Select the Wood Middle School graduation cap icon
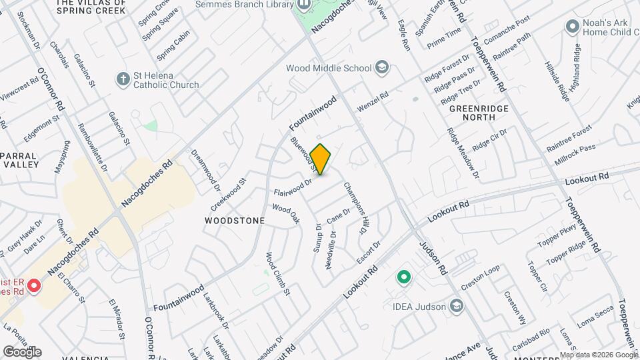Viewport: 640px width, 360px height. pyautogui.click(x=382, y=68)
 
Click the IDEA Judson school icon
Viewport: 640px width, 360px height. pyautogui.click(x=457, y=306)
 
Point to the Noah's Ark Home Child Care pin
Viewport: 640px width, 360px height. pyautogui.click(x=571, y=27)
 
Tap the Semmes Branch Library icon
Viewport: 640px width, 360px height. pyautogui.click(x=304, y=5)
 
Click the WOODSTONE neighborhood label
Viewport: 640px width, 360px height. pyautogui.click(x=235, y=221)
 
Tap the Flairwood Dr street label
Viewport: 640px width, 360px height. pyautogui.click(x=293, y=188)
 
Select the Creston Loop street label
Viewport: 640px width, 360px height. pyautogui.click(x=480, y=279)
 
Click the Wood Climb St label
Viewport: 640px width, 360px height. pyautogui.click(x=278, y=273)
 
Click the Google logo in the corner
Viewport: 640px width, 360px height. pyautogui.click(x=22, y=352)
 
